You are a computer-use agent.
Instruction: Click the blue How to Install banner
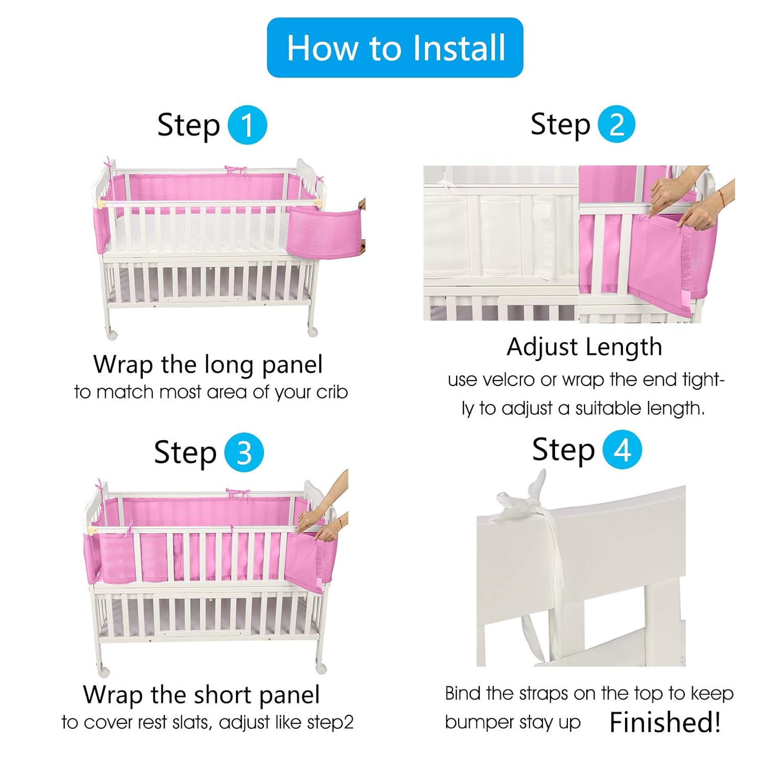(x=395, y=47)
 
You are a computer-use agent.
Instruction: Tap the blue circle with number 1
(x=247, y=125)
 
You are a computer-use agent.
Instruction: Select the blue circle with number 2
(x=616, y=124)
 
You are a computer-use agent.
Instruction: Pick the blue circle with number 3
(x=244, y=452)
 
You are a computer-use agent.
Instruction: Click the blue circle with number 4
(x=622, y=450)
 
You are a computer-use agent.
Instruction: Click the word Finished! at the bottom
(x=665, y=722)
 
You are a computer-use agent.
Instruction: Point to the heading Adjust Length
(x=584, y=347)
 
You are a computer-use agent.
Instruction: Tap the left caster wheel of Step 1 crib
(x=111, y=334)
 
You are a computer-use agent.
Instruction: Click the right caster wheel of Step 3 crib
(x=321, y=667)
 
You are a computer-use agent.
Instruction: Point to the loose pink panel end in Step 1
(x=323, y=230)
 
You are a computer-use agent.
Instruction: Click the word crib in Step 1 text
(x=332, y=392)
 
